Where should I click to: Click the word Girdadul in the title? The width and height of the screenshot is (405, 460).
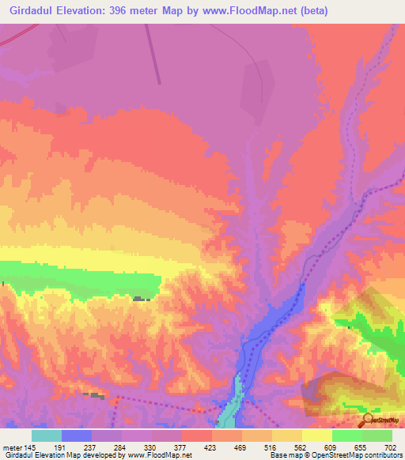point(36,11)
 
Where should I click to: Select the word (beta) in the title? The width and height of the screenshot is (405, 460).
point(311,11)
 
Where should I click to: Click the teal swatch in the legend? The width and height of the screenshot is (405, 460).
point(47,435)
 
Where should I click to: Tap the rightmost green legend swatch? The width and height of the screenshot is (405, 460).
point(377,435)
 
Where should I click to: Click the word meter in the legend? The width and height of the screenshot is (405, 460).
point(12,447)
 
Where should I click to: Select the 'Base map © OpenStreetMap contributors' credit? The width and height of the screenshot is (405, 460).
point(333,455)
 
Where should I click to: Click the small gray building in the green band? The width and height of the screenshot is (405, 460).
point(141,299)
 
